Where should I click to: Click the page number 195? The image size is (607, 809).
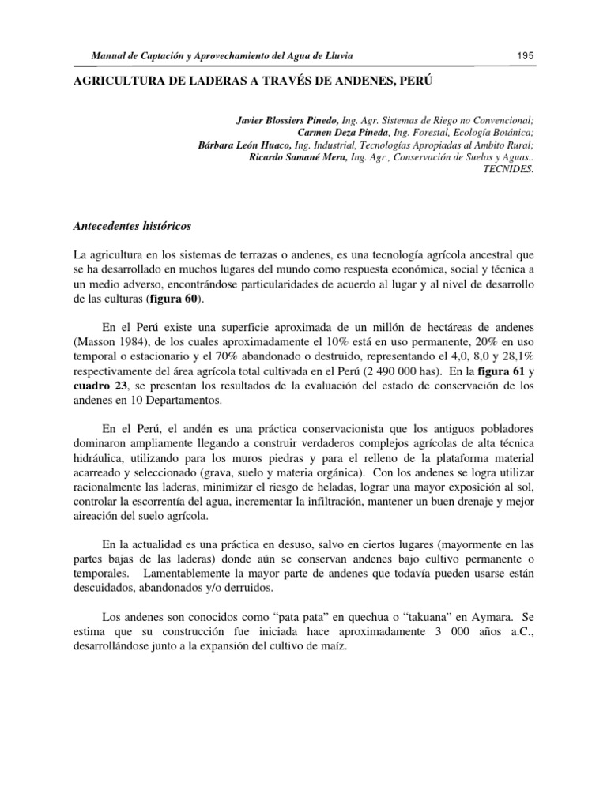point(526,56)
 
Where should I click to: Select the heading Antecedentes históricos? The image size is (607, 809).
point(131,226)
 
